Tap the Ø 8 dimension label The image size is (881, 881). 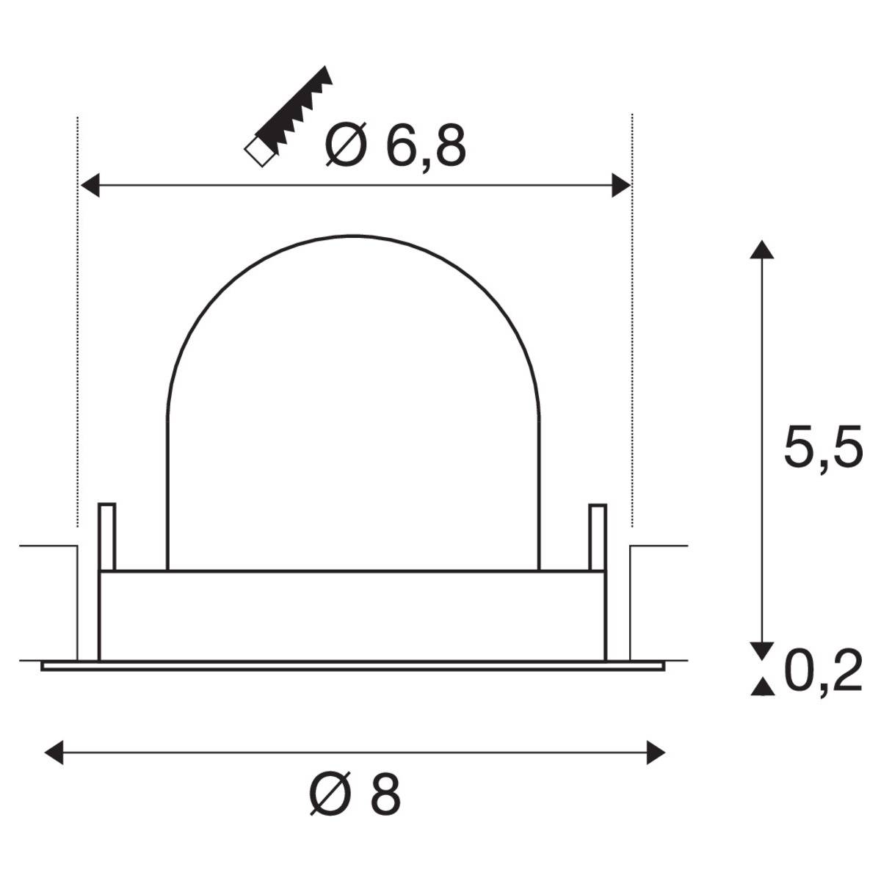pos(355,794)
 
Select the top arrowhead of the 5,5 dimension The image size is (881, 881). pos(762,250)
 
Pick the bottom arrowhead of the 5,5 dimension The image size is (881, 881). pos(762,650)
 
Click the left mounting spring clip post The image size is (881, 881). pos(107,536)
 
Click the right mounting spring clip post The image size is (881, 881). pos(598,536)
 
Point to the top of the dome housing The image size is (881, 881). pos(353,236)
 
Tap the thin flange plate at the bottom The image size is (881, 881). pos(352,666)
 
